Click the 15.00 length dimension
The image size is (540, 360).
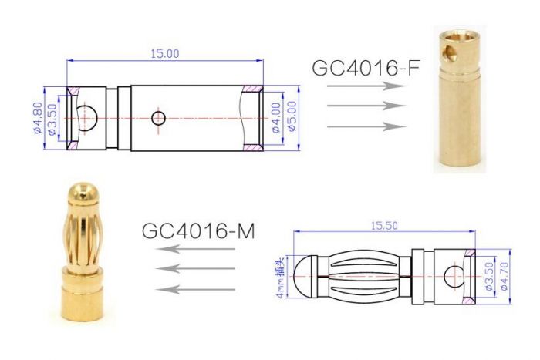pyautogui.click(x=164, y=54)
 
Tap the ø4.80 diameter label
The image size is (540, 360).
pyautogui.click(x=37, y=117)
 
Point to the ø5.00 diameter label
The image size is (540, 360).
pyautogui.click(x=292, y=117)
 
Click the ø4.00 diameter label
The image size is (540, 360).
pyautogui.click(x=276, y=117)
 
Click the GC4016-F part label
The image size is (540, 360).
pyautogui.click(x=366, y=67)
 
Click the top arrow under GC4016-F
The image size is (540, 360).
pyautogui.click(x=366, y=86)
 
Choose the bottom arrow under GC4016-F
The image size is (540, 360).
pyautogui.click(x=366, y=126)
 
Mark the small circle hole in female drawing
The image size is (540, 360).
pyautogui.click(x=159, y=118)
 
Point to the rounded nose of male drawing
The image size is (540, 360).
pyautogui.click(x=307, y=274)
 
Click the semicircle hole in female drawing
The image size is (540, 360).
pyautogui.click(x=86, y=118)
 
